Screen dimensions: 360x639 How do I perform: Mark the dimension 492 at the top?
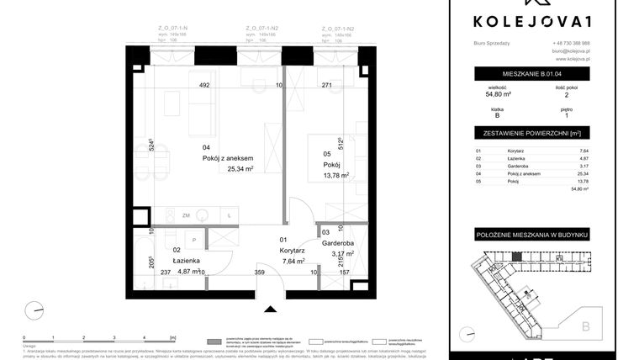pos(203,85)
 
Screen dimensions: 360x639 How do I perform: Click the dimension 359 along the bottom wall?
pos(260,272)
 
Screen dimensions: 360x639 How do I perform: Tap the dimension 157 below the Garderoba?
pos(344,272)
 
